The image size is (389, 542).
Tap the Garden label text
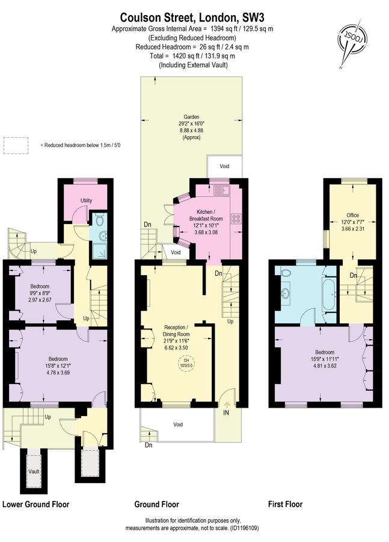(x=191, y=117)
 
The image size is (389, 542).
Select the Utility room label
(x=86, y=201)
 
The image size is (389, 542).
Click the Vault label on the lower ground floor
(x=34, y=471)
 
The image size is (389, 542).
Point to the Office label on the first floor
(x=352, y=215)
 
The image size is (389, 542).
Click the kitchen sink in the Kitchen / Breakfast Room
(x=222, y=190)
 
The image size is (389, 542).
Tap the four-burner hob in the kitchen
(x=236, y=219)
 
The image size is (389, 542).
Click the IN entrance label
(x=226, y=413)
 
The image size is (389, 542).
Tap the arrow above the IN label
(x=227, y=405)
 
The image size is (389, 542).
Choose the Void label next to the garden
(x=224, y=166)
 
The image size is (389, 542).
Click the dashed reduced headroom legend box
(x=16, y=146)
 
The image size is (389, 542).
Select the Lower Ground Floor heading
(x=36, y=504)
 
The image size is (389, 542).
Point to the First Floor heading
(x=285, y=504)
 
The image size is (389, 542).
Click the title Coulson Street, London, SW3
(x=192, y=17)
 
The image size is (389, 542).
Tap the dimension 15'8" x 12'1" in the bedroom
(x=58, y=366)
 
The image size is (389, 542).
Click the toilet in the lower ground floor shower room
(x=99, y=219)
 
